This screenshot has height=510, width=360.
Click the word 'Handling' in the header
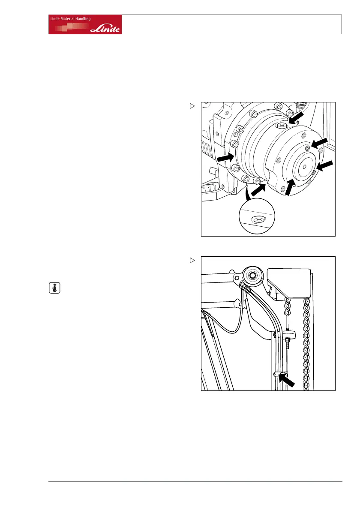coord(80,18)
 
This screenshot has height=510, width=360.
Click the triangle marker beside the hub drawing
coord(192,105)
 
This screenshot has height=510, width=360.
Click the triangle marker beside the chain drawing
coord(192,260)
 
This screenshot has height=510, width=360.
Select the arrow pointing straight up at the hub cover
coord(290,187)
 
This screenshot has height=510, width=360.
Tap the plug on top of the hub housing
coord(282,125)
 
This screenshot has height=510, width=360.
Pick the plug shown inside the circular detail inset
coord(256,219)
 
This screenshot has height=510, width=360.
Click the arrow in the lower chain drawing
coord(286,379)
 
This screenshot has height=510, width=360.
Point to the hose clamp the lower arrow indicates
coord(276,374)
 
